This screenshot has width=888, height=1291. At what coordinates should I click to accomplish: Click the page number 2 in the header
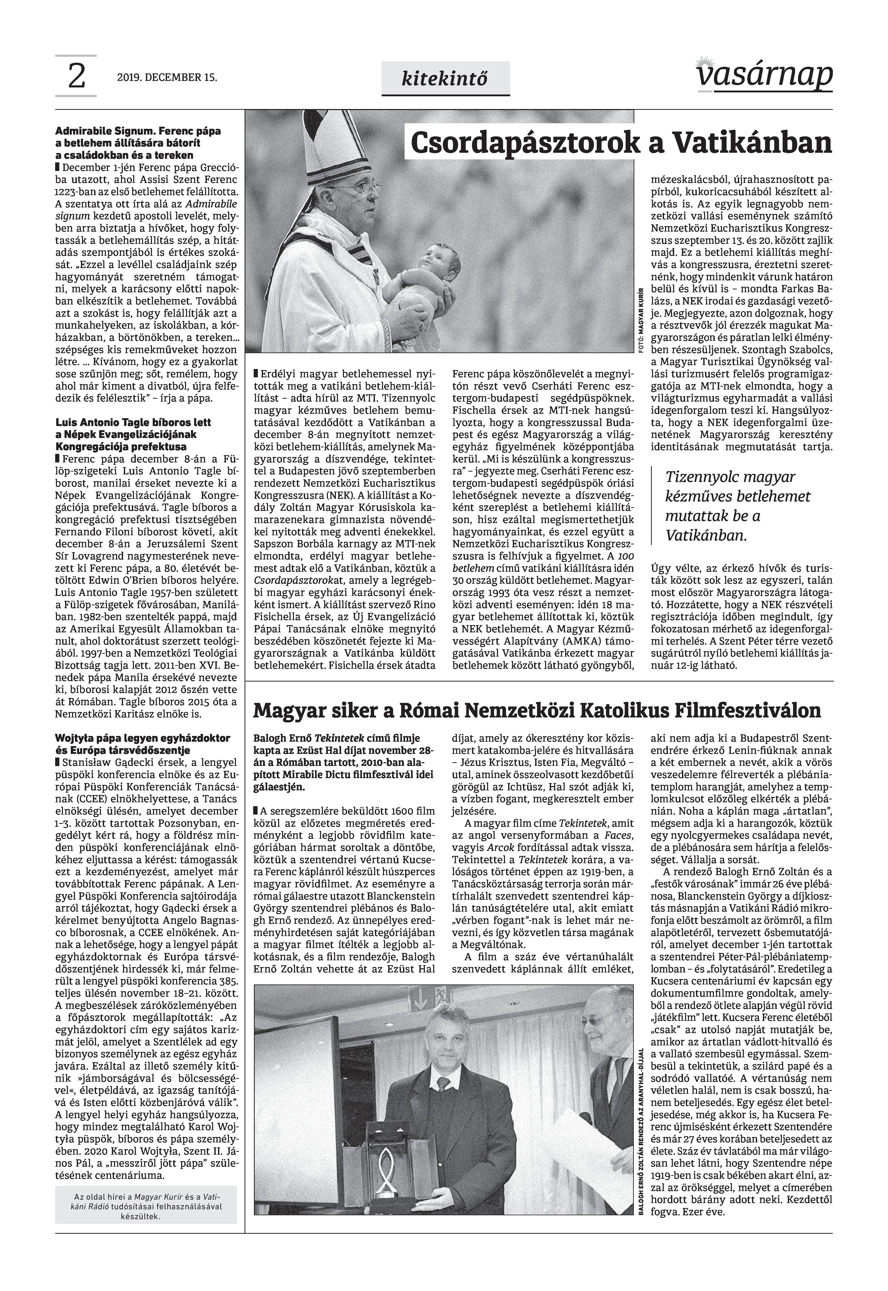(76, 76)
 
